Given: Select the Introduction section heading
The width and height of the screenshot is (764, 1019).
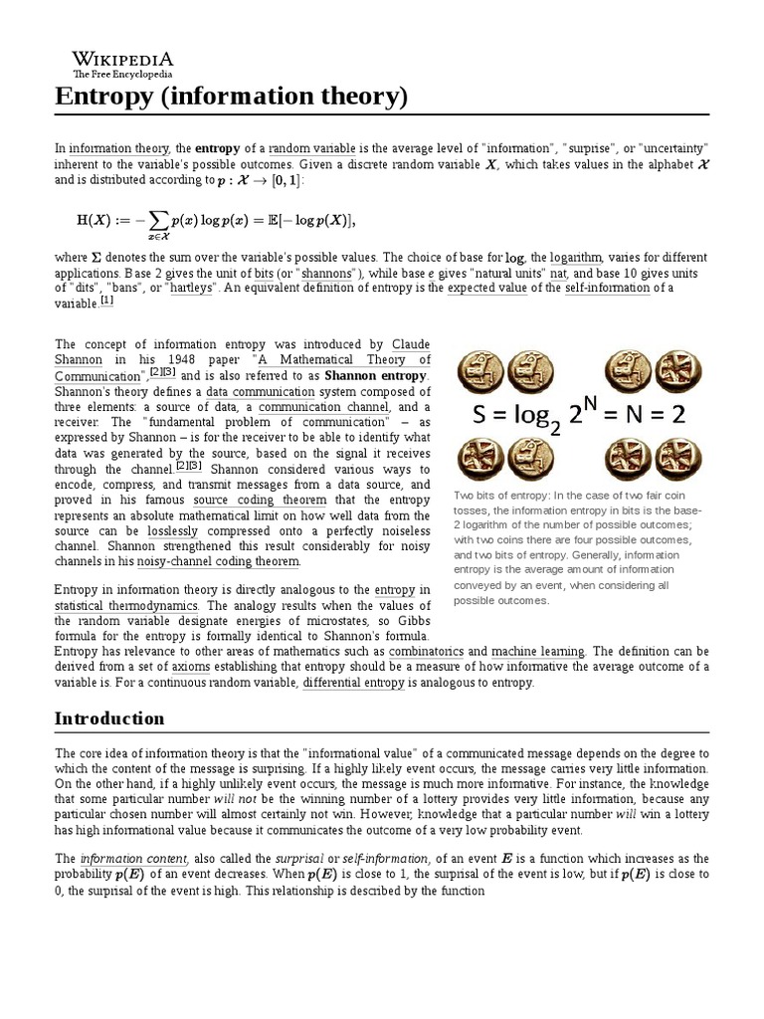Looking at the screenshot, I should pyautogui.click(x=109, y=718).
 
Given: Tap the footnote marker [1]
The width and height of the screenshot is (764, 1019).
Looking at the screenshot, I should pyautogui.click(x=106, y=302).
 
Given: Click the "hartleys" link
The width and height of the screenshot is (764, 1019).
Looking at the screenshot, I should pyautogui.click(x=195, y=289).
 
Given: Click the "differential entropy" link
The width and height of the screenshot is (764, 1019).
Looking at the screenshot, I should pyautogui.click(x=353, y=683).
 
